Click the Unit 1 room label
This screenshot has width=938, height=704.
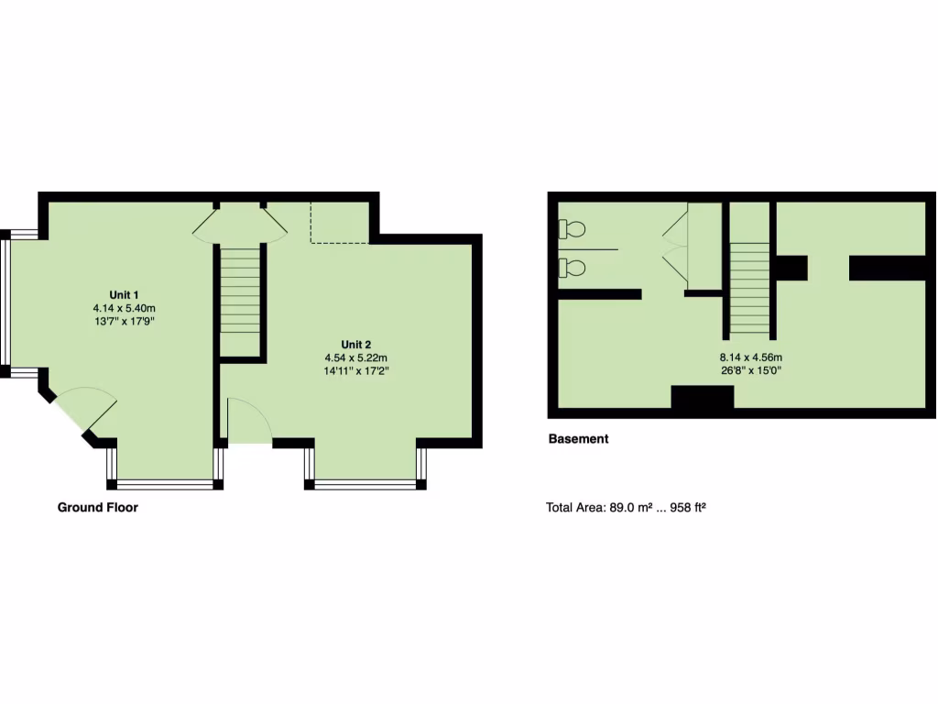pos(124,293)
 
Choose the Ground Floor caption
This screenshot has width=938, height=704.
pos(98,507)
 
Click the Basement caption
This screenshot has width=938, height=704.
pos(578,439)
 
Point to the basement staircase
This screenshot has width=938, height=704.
pos(749,289)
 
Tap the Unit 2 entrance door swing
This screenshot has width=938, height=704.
pos(248,422)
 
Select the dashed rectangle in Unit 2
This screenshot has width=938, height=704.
pos(339,223)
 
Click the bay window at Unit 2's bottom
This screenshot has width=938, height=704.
pos(365,483)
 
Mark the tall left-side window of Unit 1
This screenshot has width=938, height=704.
pos(5,302)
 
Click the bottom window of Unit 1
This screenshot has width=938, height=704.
pos(166,483)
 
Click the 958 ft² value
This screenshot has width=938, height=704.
pos(686,506)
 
